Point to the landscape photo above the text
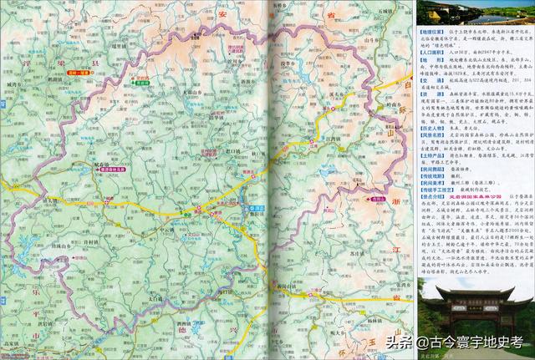click(x=473, y=12)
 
